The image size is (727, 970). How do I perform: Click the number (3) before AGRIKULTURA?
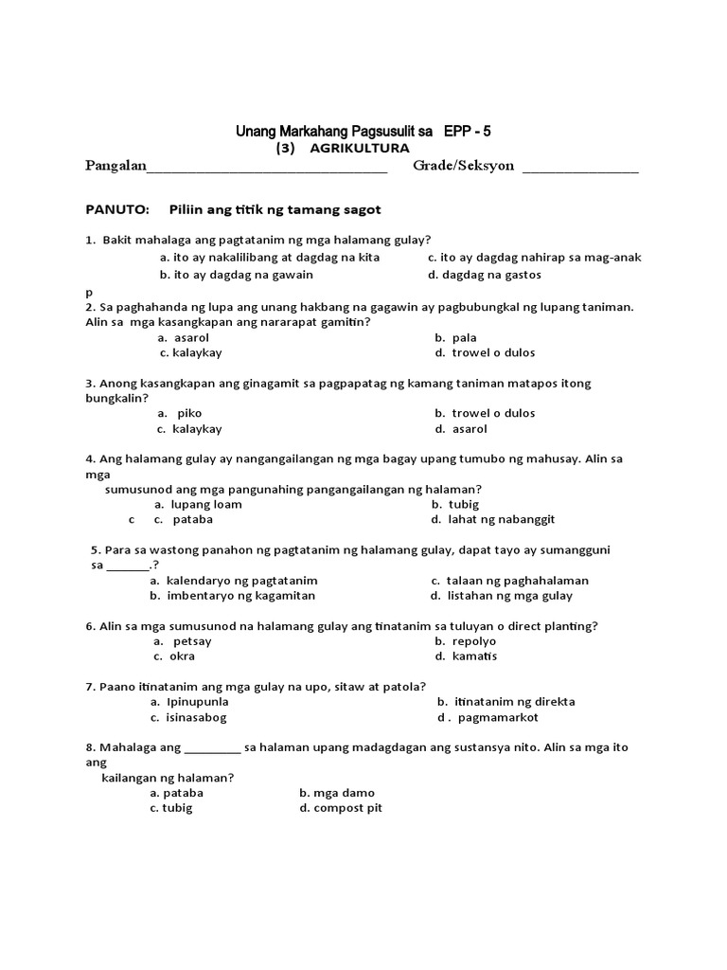pyautogui.click(x=286, y=149)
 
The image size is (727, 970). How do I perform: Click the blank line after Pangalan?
pyautogui.click(x=267, y=171)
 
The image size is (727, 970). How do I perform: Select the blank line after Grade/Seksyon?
pyautogui.click(x=580, y=171)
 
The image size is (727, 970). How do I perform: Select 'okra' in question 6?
pyautogui.click(x=176, y=656)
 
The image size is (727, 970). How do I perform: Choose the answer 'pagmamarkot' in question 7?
pyautogui.click(x=492, y=717)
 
